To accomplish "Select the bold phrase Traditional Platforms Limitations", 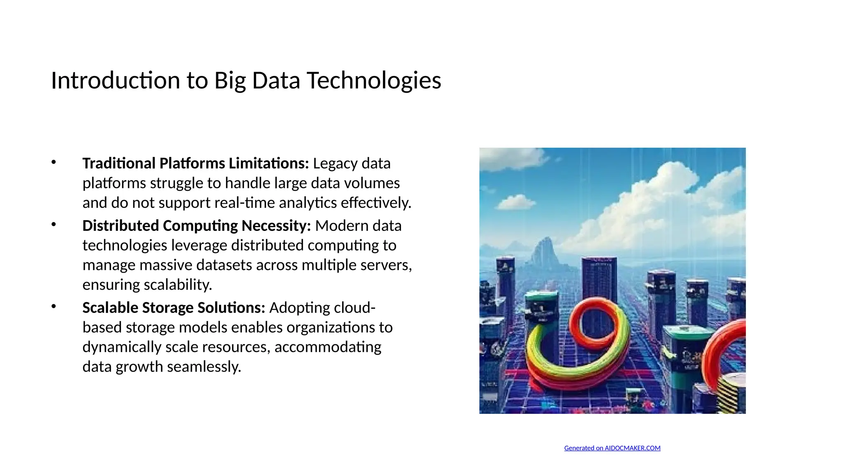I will click(196, 163).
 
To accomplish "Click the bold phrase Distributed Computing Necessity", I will click(196, 226).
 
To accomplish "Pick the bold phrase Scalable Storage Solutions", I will click(174, 308).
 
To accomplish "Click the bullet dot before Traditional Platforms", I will click(54, 162).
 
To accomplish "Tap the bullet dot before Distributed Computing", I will click(54, 224).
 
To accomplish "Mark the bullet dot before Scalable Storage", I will click(54, 306).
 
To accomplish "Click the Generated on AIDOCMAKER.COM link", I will click(612, 448).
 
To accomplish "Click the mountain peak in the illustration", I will click(547, 243).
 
